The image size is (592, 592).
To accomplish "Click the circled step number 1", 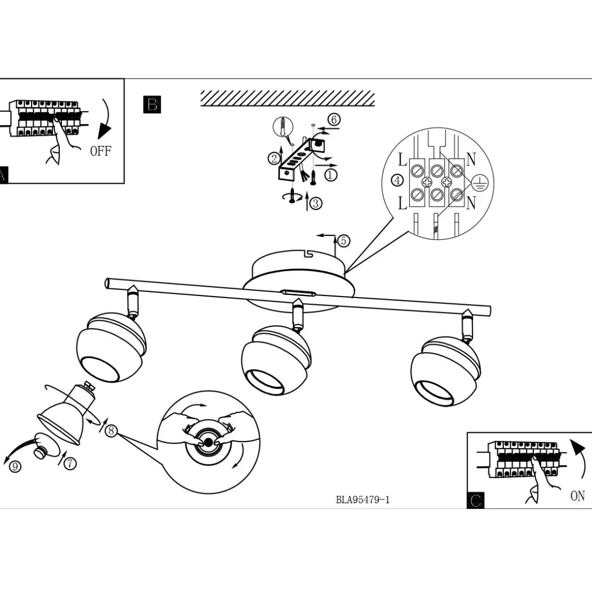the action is [331, 175].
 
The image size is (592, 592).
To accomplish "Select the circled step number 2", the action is [274, 159].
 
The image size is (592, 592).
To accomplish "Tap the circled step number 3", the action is [315, 203].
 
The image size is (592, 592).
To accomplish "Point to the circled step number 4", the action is [397, 181].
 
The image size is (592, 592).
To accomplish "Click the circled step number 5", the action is [343, 240].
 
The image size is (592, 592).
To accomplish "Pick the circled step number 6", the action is [334, 120].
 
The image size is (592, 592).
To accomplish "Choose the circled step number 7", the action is [70, 463].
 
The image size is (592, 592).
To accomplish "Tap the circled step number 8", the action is [111, 430].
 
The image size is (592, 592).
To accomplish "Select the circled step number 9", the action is [15, 466].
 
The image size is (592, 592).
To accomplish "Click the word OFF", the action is [101, 151].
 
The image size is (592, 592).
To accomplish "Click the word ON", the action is [578, 496].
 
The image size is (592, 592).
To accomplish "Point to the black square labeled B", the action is [152, 104].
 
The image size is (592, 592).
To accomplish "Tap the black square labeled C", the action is [475, 500].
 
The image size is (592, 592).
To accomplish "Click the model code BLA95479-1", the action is [363, 500].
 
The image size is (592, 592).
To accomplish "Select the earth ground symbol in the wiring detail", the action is [480, 183].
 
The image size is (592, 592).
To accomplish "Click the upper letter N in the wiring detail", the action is [471, 159].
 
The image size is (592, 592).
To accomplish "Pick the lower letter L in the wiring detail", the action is [403, 203].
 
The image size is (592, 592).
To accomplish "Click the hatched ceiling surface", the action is [288, 98].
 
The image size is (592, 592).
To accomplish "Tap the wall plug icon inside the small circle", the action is [283, 127].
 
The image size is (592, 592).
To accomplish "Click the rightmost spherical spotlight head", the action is [446, 372].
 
